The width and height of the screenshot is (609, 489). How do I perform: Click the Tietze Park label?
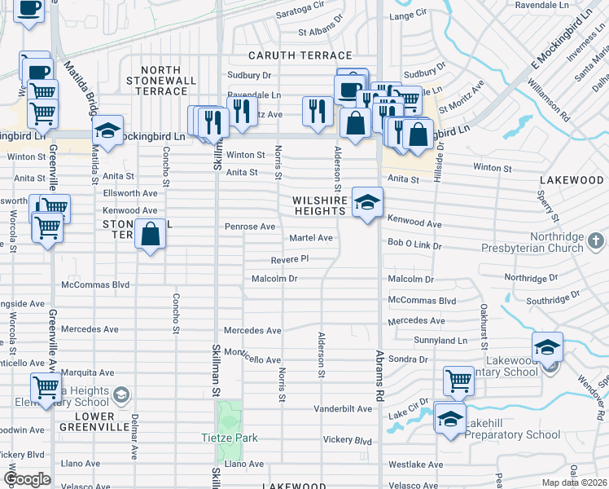click(230, 438)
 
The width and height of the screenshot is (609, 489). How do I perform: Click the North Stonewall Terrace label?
click(160, 81)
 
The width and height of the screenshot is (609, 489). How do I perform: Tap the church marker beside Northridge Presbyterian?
click(597, 241)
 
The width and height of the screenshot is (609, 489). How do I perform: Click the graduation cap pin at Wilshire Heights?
click(367, 201)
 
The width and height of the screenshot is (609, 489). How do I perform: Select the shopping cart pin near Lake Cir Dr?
click(459, 380)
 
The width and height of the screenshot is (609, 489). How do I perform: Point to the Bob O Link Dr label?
click(414, 244)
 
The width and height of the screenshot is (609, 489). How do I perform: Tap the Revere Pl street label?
click(290, 259)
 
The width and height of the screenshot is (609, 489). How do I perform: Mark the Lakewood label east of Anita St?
click(575, 179)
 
